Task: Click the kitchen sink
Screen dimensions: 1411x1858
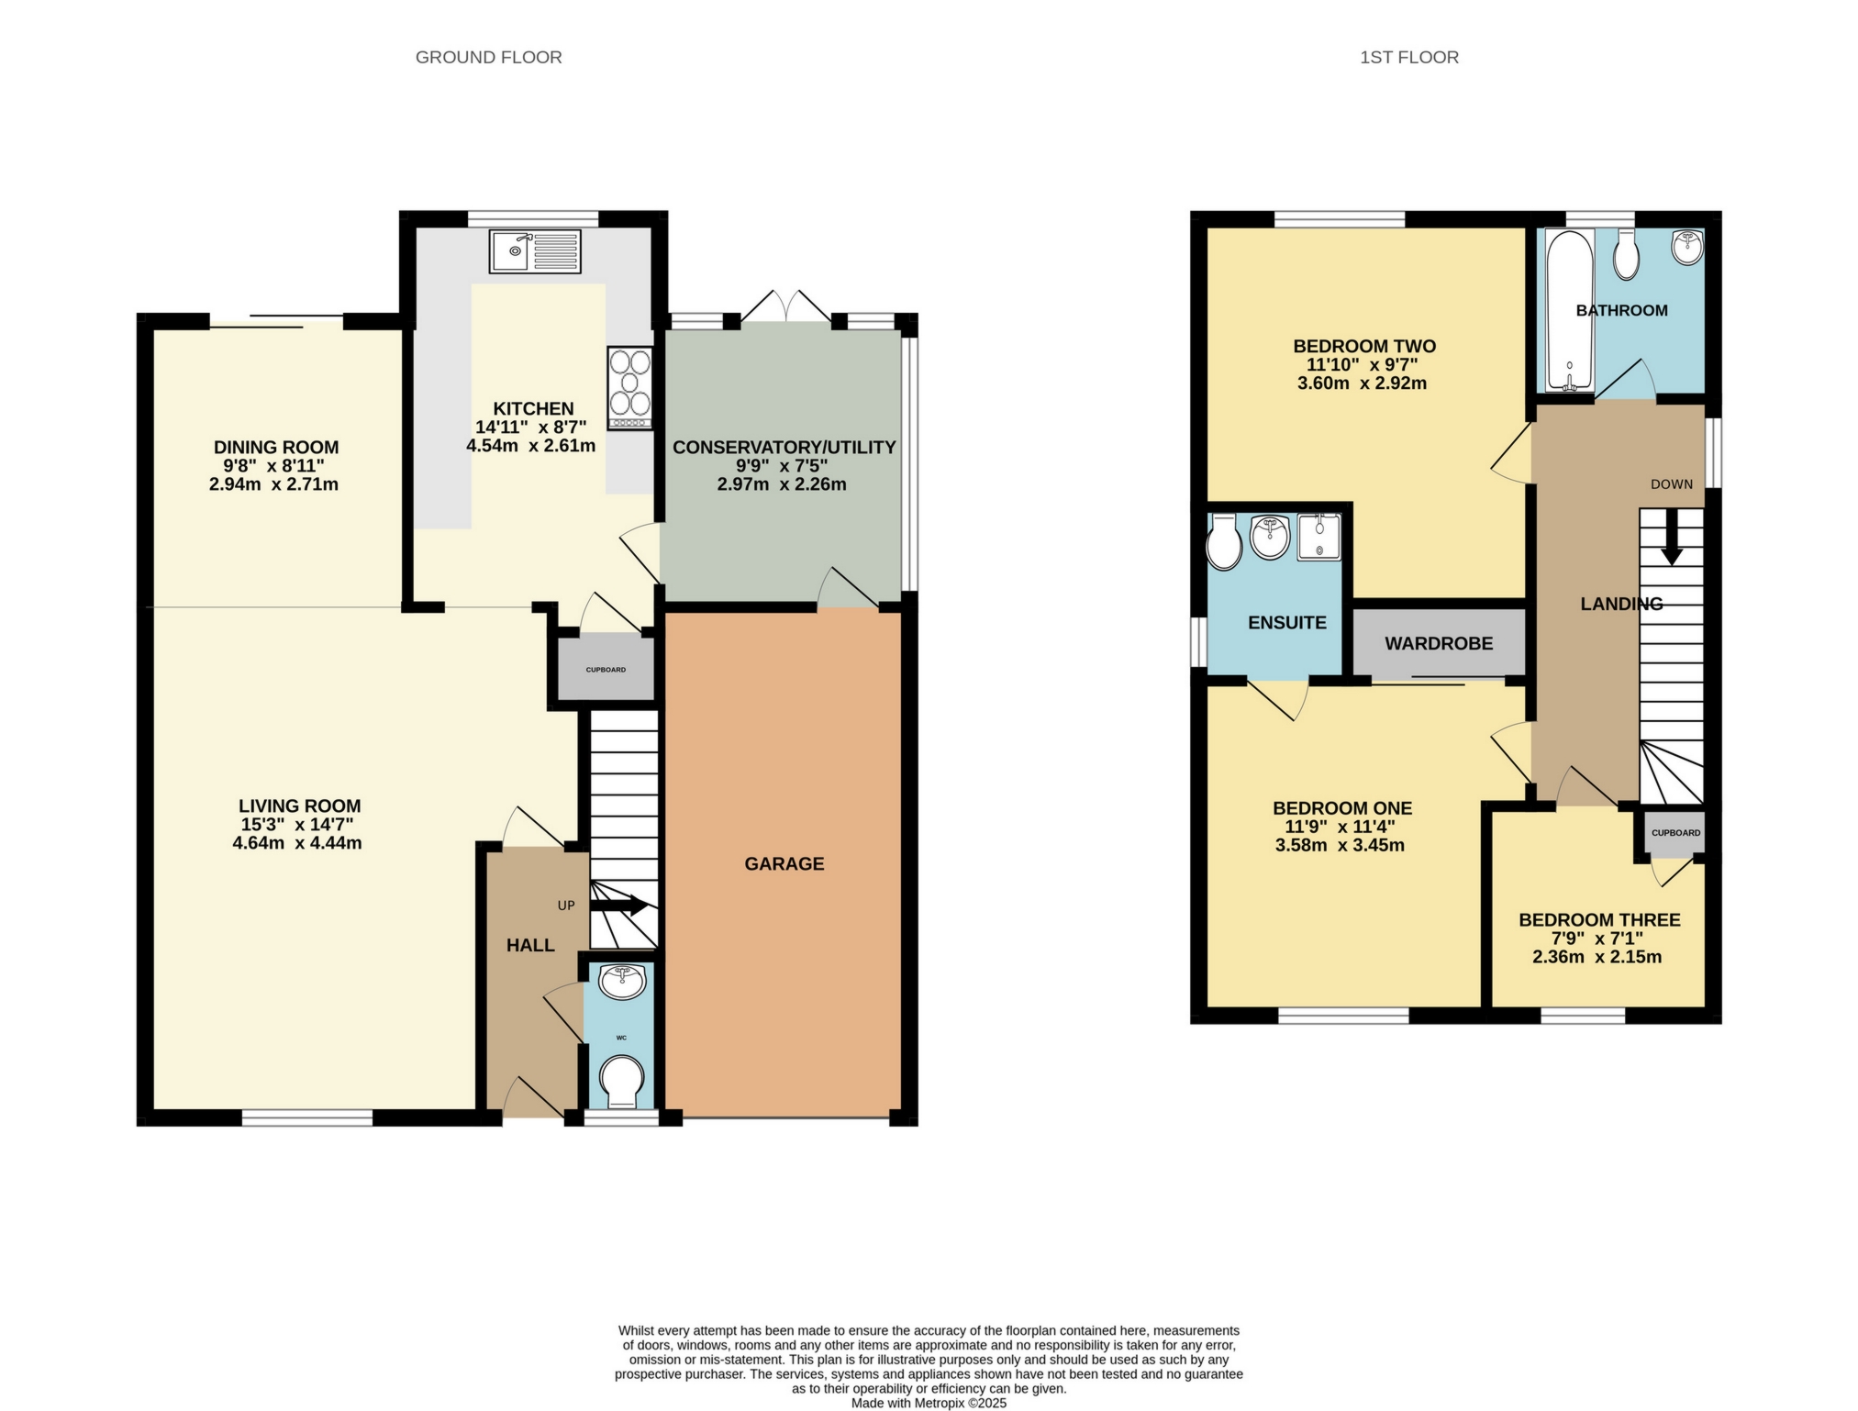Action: point(535,251)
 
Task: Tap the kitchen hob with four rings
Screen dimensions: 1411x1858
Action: point(629,387)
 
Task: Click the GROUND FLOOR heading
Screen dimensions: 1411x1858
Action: point(488,57)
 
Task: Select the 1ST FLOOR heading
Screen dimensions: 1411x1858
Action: point(1408,57)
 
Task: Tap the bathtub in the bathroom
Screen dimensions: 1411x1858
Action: point(1570,310)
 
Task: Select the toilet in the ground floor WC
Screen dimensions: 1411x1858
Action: point(621,1080)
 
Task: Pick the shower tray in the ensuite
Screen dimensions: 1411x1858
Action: point(1318,538)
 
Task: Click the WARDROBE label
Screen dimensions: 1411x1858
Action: point(1438,644)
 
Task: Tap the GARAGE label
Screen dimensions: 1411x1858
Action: point(784,863)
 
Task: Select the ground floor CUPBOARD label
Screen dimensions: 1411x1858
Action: point(606,670)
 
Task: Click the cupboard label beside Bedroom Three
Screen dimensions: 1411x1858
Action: point(1675,833)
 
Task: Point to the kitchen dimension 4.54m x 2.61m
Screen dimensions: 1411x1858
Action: point(530,447)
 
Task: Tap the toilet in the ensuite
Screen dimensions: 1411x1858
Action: point(1224,543)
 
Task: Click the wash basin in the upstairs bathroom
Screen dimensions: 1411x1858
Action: point(1686,248)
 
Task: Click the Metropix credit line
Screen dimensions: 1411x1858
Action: point(929,1403)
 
